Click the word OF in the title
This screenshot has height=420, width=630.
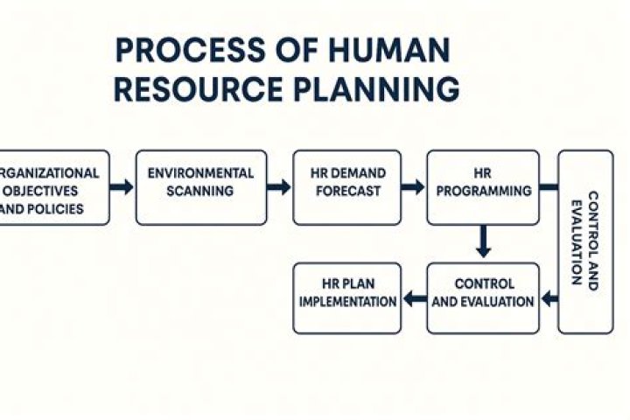pyautogui.click(x=288, y=51)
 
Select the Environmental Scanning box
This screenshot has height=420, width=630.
pyautogui.click(x=201, y=187)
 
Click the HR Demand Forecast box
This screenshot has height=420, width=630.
pyautogui.click(x=346, y=187)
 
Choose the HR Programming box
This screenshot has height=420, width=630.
pyautogui.click(x=482, y=187)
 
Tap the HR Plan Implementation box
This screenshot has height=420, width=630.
pyautogui.click(x=346, y=298)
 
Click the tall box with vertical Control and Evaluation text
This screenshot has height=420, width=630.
pyautogui.click(x=585, y=241)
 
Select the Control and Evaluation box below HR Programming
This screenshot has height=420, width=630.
pyautogui.click(x=482, y=298)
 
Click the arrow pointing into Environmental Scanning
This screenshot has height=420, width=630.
pyautogui.click(x=122, y=187)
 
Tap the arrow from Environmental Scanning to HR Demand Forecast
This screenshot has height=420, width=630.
pyautogui.click(x=279, y=187)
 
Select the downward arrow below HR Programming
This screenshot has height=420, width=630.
pyautogui.click(x=482, y=242)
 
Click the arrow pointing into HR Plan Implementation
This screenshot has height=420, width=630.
pyautogui.click(x=413, y=300)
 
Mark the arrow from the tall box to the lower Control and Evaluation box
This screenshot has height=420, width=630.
pyautogui.click(x=549, y=300)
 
